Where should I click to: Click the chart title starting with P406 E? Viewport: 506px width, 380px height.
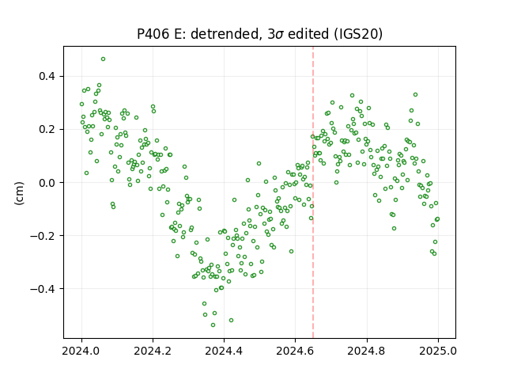[260, 34]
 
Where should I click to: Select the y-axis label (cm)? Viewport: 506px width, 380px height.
[19, 193]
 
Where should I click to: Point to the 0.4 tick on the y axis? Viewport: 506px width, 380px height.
[47, 77]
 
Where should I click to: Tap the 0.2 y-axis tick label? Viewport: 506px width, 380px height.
[47, 130]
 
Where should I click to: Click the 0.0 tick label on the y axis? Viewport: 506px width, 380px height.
[47, 183]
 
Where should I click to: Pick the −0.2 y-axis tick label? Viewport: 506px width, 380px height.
[43, 236]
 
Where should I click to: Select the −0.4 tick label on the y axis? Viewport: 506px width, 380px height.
[43, 288]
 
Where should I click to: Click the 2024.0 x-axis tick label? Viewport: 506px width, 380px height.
[81, 351]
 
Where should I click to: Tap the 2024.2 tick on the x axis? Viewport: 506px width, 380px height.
[153, 351]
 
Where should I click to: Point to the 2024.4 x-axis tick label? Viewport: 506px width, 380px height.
[224, 351]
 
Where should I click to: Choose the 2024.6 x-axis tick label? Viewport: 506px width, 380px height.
[295, 351]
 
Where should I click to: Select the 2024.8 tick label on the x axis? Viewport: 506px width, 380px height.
[367, 351]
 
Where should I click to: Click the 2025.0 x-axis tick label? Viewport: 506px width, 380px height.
[438, 351]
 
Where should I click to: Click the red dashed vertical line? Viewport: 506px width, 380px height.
[313, 192]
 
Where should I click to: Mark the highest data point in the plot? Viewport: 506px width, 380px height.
[103, 59]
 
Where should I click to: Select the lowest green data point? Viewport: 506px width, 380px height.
[213, 325]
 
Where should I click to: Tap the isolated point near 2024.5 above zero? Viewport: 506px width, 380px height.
[259, 164]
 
